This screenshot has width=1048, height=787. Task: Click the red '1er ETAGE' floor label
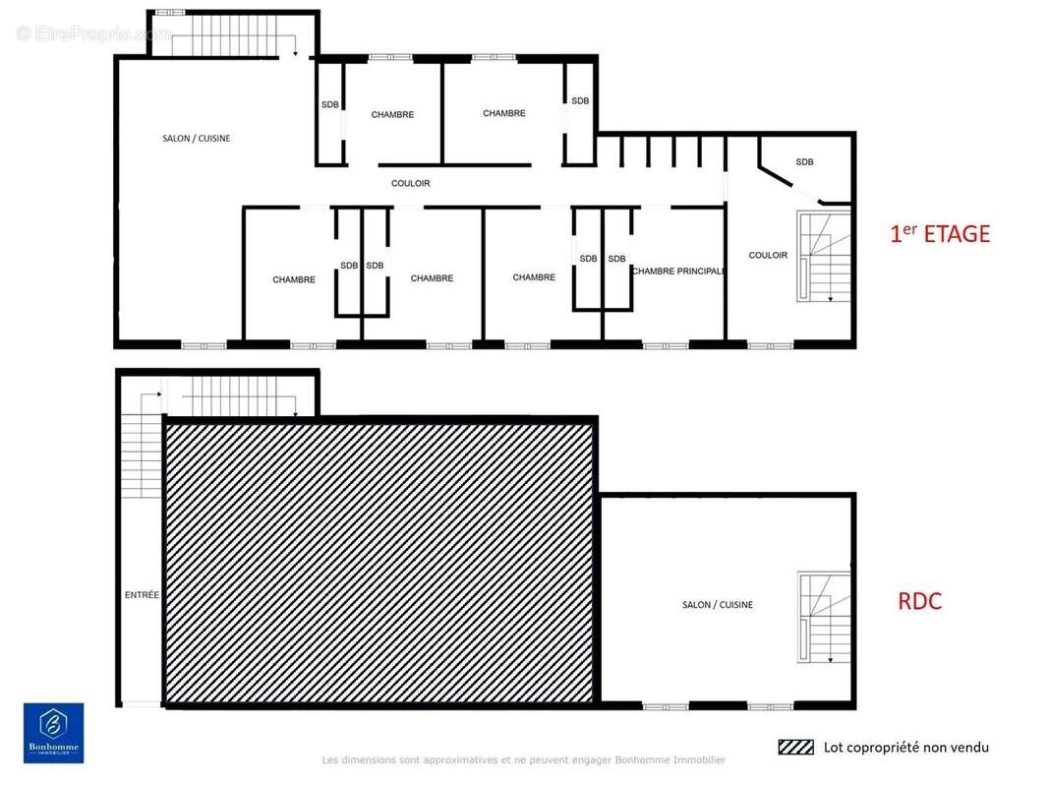(939, 234)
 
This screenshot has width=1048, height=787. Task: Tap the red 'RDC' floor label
(919, 602)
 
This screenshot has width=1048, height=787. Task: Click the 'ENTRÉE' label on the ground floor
(142, 594)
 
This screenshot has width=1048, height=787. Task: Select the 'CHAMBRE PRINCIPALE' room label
(677, 271)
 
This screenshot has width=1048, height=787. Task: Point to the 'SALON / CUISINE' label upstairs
(197, 139)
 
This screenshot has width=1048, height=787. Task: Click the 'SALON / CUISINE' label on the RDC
(718, 605)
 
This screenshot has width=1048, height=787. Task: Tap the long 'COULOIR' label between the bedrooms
(410, 184)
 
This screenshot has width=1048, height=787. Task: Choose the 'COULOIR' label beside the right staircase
(768, 256)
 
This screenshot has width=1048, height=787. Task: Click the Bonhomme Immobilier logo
(53, 733)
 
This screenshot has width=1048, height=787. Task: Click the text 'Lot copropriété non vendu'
(905, 748)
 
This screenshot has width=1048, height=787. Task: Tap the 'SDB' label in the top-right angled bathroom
(804, 162)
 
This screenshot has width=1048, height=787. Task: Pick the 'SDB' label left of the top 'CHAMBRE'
(329, 104)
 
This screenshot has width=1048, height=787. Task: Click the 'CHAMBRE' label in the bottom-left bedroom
(294, 280)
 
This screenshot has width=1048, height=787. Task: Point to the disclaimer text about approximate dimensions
(524, 760)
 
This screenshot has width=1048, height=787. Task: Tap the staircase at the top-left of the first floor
(231, 36)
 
